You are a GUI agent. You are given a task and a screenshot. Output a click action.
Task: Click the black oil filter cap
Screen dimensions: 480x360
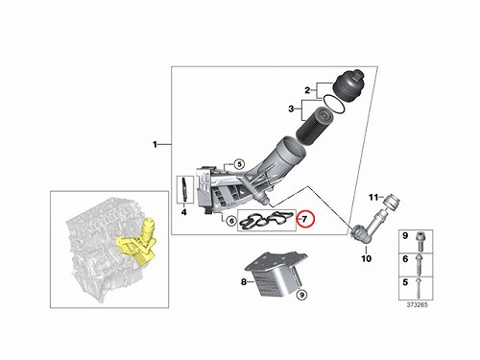pos(348,85)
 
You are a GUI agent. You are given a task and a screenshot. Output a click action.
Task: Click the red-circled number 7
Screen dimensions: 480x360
pos(304,219)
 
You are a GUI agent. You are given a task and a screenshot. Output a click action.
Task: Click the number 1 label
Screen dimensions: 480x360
pos(155,145)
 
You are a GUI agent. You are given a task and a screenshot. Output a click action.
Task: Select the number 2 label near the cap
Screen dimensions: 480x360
pos(307,90)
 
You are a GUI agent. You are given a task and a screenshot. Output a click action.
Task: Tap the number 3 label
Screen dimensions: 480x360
pos(291,109)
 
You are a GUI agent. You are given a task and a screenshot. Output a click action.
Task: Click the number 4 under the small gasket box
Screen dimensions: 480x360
pos(184,212)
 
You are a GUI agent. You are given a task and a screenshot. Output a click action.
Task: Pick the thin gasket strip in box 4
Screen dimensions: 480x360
pos(184,190)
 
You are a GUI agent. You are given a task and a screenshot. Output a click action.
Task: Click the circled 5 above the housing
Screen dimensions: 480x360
pos(239,164)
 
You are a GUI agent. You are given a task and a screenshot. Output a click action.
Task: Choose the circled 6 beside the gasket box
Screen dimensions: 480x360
pos(231,221)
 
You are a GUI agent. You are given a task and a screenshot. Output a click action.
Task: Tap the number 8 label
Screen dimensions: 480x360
pos(244,282)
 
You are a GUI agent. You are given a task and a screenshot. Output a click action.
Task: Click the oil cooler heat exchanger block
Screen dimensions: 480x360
pos(276,275)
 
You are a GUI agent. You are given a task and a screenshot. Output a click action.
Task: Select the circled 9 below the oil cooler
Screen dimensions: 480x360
pos(301,295)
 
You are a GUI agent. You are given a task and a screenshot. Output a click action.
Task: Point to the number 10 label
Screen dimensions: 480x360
pos(366,258)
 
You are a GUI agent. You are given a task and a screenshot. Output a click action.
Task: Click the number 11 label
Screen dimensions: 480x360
pos(373,198)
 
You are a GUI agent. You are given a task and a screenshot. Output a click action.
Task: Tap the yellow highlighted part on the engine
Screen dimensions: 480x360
pos(137,242)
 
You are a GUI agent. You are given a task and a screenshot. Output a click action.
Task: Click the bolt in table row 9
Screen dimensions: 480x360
pos(420,242)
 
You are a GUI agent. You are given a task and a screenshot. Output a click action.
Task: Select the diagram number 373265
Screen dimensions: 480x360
pos(417,305)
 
